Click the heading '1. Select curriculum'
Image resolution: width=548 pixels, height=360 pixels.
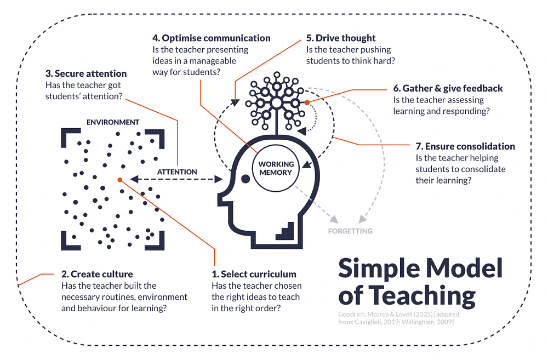pos(254,274)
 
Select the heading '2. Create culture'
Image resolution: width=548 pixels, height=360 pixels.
pos(96,274)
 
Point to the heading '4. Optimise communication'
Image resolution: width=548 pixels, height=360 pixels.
pos(211,38)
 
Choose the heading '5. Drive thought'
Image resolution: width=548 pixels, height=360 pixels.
pos(341,38)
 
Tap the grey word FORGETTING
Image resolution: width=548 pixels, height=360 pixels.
pos(350,231)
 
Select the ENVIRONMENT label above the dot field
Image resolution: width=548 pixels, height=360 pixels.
pos(113,122)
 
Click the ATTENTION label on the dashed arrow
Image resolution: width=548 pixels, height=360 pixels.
pos(177,172)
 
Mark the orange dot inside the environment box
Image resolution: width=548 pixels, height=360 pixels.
pos(119,179)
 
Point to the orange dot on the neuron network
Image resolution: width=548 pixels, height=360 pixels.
pos(307,102)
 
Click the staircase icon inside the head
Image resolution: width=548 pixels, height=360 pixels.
pos(286,230)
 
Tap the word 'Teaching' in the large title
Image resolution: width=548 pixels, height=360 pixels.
pos(422,296)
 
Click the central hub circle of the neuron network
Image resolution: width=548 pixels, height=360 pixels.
pos(277,102)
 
